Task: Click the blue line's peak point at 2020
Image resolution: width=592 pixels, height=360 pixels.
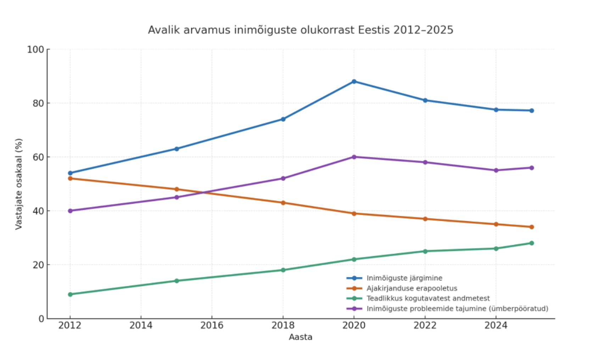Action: pos(354,81)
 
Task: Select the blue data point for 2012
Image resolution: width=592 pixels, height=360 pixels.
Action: pos(70,173)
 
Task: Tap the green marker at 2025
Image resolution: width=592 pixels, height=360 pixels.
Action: pos(531,243)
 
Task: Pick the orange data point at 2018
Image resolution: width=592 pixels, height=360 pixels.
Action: pos(283,203)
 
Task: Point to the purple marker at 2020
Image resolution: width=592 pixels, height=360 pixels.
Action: pos(354,157)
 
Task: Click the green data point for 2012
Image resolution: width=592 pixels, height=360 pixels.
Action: pos(70,294)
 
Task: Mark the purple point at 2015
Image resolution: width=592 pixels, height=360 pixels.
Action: pos(177,197)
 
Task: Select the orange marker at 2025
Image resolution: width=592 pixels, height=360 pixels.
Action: pos(531,227)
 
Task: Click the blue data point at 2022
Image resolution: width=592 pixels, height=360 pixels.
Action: pos(425,100)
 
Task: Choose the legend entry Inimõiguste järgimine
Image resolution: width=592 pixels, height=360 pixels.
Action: pos(404,278)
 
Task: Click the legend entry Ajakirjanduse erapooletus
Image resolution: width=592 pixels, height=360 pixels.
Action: pos(412,288)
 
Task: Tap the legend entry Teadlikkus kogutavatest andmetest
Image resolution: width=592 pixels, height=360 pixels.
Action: pos(428,298)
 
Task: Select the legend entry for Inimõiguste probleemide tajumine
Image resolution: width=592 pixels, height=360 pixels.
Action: pos(457,309)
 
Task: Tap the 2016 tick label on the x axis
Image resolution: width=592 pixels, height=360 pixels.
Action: pos(212,325)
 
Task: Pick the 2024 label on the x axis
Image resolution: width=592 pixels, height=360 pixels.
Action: pos(496,325)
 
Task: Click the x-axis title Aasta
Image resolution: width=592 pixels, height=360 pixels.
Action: pos(300,337)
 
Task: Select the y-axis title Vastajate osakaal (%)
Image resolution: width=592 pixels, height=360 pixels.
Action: pos(19,184)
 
